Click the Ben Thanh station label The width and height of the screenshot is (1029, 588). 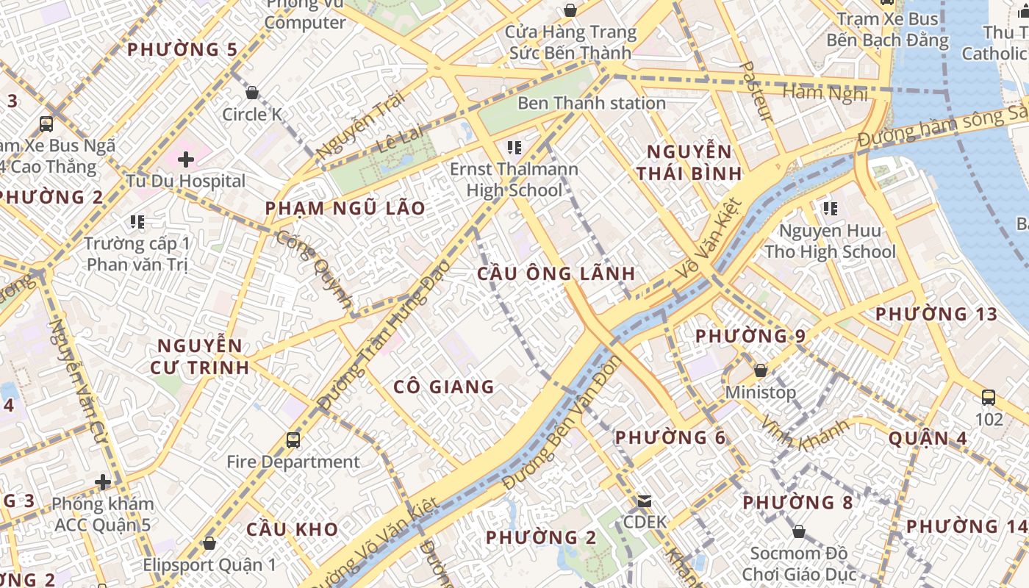pyautogui.click(x=592, y=103)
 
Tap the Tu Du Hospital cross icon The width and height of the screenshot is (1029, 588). pyautogui.click(x=185, y=159)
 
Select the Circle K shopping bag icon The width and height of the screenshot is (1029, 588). pyautogui.click(x=252, y=93)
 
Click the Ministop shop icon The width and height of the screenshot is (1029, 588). pyautogui.click(x=761, y=370)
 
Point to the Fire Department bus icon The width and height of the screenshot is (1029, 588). pyautogui.click(x=293, y=440)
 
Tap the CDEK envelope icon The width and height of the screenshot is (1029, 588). pyautogui.click(x=645, y=501)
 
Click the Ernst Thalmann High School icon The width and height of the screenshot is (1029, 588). pyautogui.click(x=514, y=148)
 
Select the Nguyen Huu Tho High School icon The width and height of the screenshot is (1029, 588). pyautogui.click(x=831, y=209)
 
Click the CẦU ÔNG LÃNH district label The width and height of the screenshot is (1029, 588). pyautogui.click(x=556, y=274)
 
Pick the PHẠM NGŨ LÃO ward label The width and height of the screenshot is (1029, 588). pyautogui.click(x=345, y=208)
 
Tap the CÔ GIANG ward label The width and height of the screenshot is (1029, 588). pyautogui.click(x=443, y=387)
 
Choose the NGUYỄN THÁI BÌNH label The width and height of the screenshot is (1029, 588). pyautogui.click(x=689, y=162)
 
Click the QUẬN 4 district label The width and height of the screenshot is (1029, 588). pyautogui.click(x=928, y=439)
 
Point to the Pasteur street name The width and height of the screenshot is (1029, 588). pyautogui.click(x=756, y=92)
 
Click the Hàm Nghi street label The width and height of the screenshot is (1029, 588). pyautogui.click(x=825, y=93)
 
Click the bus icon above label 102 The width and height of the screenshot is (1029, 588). pyautogui.click(x=989, y=398)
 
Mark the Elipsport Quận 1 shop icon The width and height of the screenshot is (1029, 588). pyautogui.click(x=209, y=543)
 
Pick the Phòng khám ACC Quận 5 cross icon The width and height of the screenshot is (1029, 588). pyautogui.click(x=103, y=482)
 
